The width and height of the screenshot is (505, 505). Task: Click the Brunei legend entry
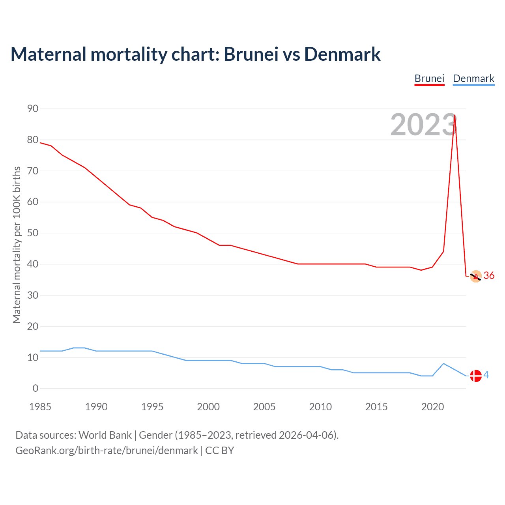coord(429,79)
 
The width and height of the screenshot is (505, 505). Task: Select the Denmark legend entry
coord(473,79)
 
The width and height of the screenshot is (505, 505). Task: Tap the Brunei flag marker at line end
coord(476,277)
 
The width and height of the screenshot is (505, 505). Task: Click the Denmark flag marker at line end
coord(476,376)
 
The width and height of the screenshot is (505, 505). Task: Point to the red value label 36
coord(489,275)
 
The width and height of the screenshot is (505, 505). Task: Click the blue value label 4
coord(486,375)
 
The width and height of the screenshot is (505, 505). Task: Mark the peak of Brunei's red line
coord(455,116)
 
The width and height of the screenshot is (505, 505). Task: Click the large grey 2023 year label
coord(423,125)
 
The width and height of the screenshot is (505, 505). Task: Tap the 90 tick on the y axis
coord(33,108)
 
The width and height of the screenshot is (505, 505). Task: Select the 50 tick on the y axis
coord(33,233)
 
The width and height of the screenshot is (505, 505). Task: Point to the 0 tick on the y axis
coord(36,388)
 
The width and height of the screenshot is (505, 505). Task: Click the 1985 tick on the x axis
coord(40,407)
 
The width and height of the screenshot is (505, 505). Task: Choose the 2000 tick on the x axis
coord(208,407)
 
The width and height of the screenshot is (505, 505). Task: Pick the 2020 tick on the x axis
coord(432,407)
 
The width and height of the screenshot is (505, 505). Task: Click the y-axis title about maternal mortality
coord(17,245)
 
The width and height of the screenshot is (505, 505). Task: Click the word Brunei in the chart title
coord(251,54)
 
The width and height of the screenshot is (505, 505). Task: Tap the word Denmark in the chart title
coord(342,54)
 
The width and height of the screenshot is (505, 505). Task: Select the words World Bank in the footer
coord(105,435)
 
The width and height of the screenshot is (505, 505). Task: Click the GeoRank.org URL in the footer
coord(107,450)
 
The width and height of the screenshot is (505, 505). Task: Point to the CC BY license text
coord(220,450)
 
